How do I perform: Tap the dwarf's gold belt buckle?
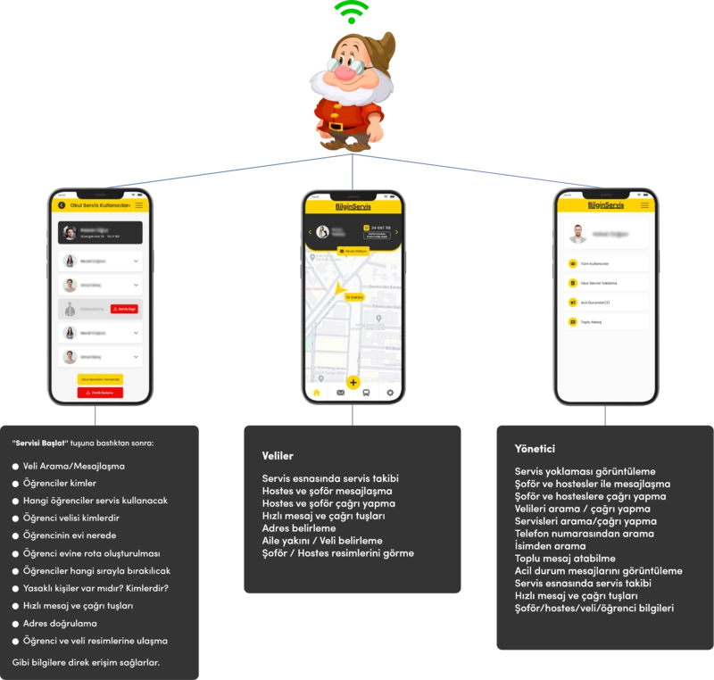336,126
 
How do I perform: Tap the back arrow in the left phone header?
62,205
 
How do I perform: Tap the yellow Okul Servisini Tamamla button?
100,378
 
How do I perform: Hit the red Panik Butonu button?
100,393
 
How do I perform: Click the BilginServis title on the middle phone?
353,207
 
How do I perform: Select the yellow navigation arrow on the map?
339,288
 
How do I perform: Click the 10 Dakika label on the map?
354,297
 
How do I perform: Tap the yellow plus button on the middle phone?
353,383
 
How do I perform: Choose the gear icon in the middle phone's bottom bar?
389,393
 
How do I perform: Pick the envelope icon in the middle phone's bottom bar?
340,393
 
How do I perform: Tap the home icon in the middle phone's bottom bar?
315,393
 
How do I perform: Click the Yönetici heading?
535,448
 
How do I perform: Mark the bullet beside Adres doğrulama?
15,623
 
